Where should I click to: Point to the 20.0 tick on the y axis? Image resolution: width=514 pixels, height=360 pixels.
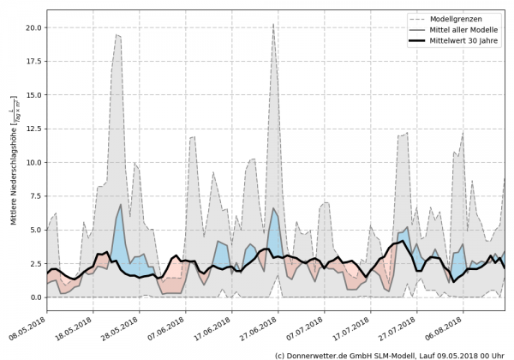[x=33, y=27]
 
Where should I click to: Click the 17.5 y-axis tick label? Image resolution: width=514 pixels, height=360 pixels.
[x=33, y=61]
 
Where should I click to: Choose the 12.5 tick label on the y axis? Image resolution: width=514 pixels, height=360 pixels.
[x=33, y=129]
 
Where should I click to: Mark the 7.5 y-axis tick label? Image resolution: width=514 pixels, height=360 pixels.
[x=35, y=196]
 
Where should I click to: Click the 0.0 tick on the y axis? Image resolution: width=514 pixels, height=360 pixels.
[x=35, y=297]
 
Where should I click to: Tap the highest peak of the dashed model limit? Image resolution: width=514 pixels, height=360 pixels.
[x=273, y=24]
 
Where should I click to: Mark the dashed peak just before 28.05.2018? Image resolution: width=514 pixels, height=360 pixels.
[x=117, y=35]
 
